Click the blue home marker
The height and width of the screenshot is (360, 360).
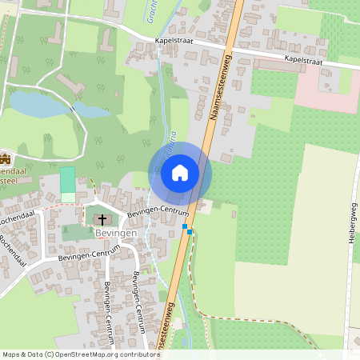click(180, 173)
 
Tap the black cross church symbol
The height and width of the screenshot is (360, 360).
click(101, 218)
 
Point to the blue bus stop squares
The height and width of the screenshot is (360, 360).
click(187, 230)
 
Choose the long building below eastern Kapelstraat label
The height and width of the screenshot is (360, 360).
click(279, 66)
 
